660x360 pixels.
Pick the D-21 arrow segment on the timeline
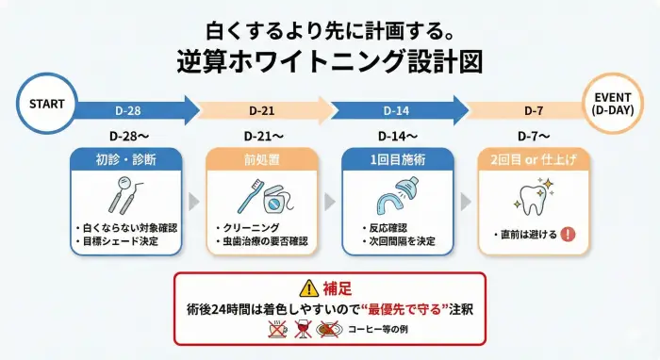[264, 108]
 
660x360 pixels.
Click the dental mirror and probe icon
[125, 198]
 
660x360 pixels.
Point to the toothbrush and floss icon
[261, 199]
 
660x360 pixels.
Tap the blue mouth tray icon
[397, 199]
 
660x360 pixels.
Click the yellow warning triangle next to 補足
[308, 288]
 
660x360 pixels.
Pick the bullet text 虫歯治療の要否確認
[262, 242]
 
